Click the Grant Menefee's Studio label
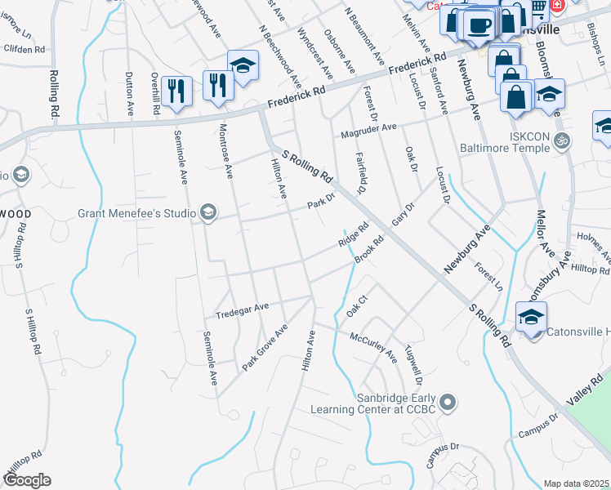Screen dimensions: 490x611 point(136,214)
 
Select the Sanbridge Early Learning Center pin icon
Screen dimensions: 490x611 point(447,402)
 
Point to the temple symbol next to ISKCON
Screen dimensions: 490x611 point(560,140)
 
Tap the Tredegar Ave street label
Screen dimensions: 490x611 point(242,310)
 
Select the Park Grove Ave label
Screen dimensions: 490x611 point(265,348)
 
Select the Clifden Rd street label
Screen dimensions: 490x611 point(24,50)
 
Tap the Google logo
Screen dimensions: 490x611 point(27,480)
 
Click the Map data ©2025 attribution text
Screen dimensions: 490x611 point(576,483)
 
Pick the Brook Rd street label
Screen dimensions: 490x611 point(370,250)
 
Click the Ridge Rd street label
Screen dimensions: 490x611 point(355,235)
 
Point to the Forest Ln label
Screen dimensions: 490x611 point(489,276)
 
